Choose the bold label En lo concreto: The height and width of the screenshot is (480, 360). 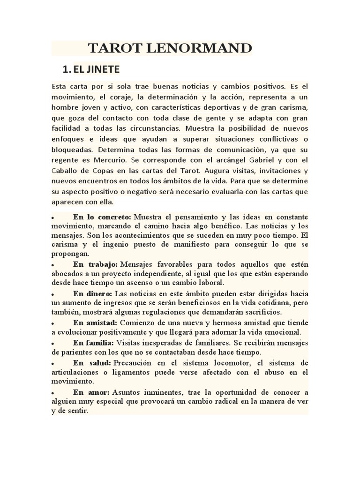click(x=102, y=217)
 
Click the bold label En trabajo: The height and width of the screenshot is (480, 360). click(x=95, y=264)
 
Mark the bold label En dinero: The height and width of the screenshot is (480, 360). click(x=93, y=293)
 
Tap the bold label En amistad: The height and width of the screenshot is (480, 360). click(x=95, y=323)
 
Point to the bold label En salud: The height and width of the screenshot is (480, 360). click(x=91, y=363)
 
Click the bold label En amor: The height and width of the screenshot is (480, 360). click(x=91, y=392)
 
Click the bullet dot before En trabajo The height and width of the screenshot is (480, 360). click(x=54, y=265)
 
